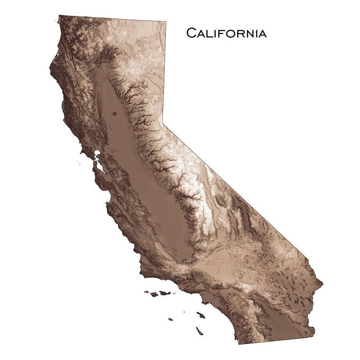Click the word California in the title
pyautogui.click(x=226, y=33)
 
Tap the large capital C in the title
pyautogui.click(x=191, y=33)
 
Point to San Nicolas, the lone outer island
pyautogui.click(x=171, y=319)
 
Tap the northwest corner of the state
pyautogui.click(x=59, y=16)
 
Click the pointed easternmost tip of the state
pyautogui.click(x=322, y=281)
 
